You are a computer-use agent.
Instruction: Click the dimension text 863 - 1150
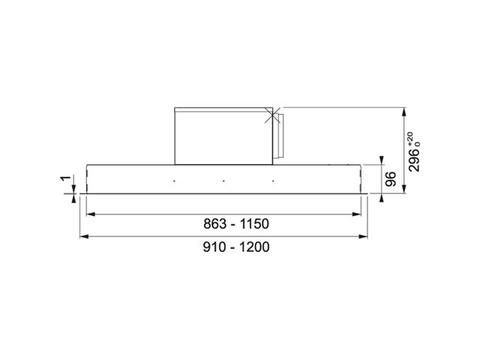(236, 223)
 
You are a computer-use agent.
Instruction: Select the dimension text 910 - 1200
(236, 247)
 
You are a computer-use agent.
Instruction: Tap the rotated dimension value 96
(391, 179)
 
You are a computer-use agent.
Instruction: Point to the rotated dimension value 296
(414, 160)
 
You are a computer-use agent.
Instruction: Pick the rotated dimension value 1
(66, 178)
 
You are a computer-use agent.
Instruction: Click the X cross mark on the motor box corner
(271, 115)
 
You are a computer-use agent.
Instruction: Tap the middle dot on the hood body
(223, 181)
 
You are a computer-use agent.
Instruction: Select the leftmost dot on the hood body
(174, 181)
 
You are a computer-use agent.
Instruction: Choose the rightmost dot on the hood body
(273, 181)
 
